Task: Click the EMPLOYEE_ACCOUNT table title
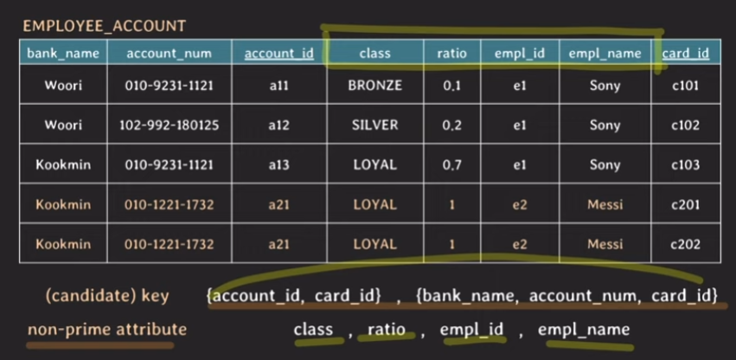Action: [104, 27]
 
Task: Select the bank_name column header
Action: [63, 54]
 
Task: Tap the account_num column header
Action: [169, 54]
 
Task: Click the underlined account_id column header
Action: [278, 54]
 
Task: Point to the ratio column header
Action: [451, 54]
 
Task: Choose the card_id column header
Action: [686, 54]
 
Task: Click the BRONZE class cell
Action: [374, 86]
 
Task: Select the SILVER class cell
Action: [374, 125]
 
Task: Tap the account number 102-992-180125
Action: [169, 125]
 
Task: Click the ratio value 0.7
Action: [451, 165]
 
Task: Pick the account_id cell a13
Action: [278, 165]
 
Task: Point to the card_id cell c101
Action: [686, 86]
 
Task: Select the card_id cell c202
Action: [686, 245]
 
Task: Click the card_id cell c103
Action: [686, 165]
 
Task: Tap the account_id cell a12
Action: [278, 125]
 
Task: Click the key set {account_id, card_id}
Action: [295, 296]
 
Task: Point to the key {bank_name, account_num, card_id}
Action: [566, 296]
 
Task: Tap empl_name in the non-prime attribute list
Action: [584, 330]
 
